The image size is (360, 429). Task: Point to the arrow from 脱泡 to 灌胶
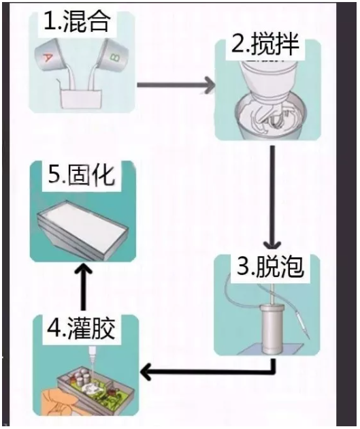tap(204, 372)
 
